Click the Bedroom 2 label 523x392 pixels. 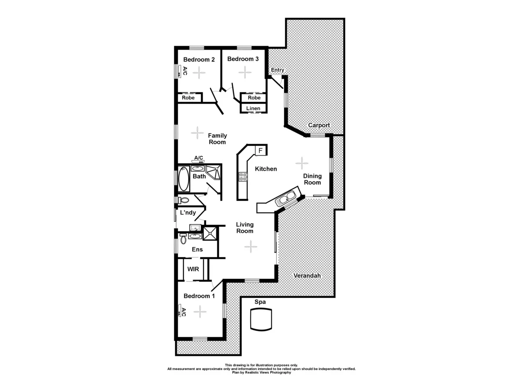click(x=199, y=60)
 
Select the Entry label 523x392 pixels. click(x=278, y=70)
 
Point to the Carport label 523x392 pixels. click(x=319, y=125)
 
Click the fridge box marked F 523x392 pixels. click(x=260, y=151)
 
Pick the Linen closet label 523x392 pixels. click(x=253, y=108)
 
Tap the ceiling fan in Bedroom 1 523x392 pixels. click(x=200, y=311)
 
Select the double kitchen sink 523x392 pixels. click(x=287, y=199)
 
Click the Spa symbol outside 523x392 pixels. click(x=261, y=319)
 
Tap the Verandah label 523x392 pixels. click(x=307, y=276)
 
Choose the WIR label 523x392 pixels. click(x=193, y=269)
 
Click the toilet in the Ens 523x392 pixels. click(x=183, y=239)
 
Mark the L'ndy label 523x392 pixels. click(x=188, y=213)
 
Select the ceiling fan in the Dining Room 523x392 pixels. click(x=302, y=163)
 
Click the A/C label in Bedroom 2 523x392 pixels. click(x=185, y=71)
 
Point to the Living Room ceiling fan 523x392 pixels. click(x=251, y=247)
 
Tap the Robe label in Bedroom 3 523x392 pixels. click(x=254, y=98)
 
